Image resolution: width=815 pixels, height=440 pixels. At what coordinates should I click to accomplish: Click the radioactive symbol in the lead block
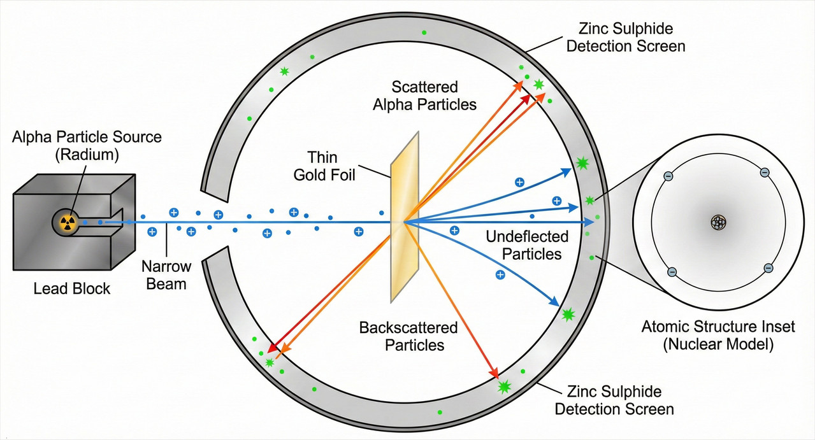point(64,222)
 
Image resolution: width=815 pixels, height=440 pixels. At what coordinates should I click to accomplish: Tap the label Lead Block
point(72,289)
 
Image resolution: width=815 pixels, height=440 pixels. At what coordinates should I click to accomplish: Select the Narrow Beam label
point(166,274)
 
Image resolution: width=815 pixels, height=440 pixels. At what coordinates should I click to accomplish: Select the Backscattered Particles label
point(408,336)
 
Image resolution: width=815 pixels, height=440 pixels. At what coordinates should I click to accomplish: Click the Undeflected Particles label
point(527,245)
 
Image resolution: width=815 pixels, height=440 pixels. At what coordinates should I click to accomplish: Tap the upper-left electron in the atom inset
point(669,176)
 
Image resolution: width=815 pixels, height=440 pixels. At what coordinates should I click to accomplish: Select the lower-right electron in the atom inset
point(768,268)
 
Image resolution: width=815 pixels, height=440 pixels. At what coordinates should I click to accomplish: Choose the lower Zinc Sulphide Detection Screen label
point(614,400)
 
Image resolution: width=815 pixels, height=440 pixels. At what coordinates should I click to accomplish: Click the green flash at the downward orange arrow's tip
point(505,385)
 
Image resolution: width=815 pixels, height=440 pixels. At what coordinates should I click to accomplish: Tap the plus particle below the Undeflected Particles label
point(500,275)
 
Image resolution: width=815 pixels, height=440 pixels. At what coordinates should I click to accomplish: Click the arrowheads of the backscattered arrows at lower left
point(275,349)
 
